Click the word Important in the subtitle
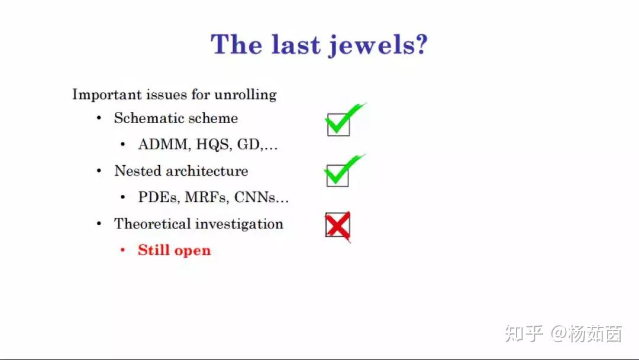tap(107, 95)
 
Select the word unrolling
tap(246, 95)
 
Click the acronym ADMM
tap(163, 144)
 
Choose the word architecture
tap(207, 171)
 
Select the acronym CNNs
tap(254, 197)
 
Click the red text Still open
tap(175, 250)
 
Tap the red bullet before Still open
tap(122, 250)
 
